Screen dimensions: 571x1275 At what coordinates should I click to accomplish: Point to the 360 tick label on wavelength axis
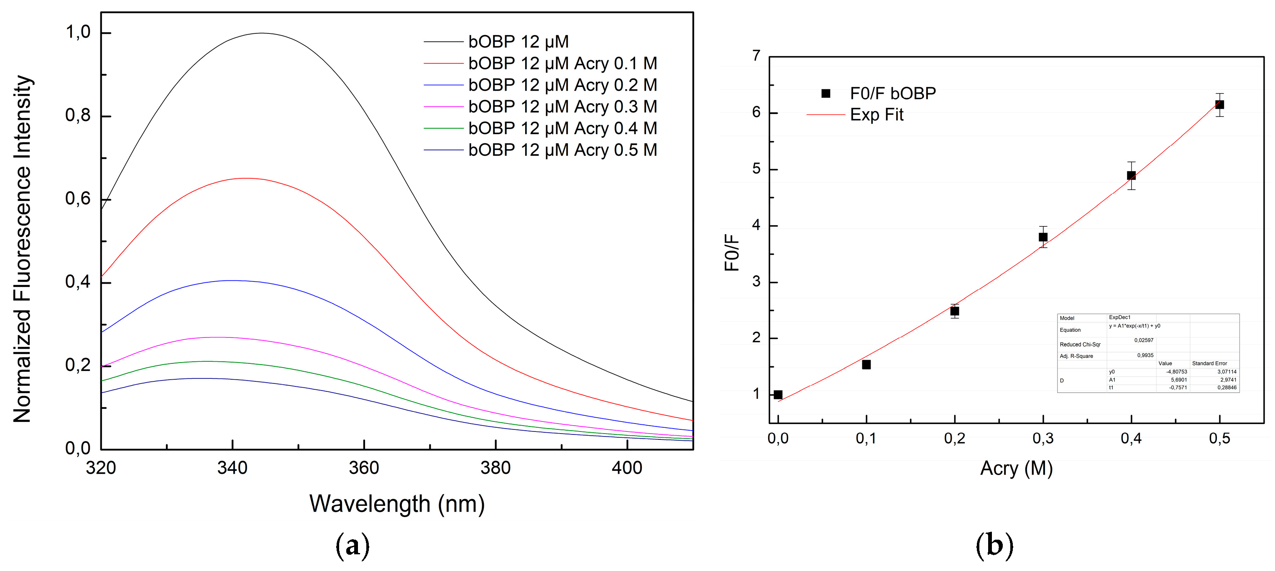(x=364, y=468)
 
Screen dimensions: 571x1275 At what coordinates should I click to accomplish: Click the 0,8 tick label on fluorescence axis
(x=78, y=116)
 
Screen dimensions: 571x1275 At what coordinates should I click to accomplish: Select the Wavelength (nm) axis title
(x=397, y=504)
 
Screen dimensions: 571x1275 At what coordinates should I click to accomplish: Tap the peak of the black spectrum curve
(x=262, y=33)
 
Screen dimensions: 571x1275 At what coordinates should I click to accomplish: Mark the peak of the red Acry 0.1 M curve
(x=246, y=178)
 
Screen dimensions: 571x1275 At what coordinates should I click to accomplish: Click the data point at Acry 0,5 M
(x=1219, y=105)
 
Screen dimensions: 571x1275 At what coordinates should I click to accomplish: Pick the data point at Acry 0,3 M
(x=1043, y=237)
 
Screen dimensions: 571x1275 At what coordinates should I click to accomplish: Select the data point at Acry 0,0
(x=778, y=394)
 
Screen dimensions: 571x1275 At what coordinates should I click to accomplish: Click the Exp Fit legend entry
(x=876, y=115)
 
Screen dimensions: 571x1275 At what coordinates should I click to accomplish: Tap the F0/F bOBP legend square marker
(x=825, y=94)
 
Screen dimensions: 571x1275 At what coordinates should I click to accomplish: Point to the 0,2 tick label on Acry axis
(x=954, y=438)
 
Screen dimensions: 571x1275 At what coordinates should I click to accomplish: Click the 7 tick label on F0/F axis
(x=756, y=56)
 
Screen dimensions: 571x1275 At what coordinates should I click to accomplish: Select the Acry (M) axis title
(x=1016, y=468)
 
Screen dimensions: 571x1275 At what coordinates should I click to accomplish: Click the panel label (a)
(x=353, y=546)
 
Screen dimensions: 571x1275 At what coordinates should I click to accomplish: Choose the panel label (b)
(x=994, y=546)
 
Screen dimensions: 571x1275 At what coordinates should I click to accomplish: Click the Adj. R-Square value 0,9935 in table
(x=1145, y=355)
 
